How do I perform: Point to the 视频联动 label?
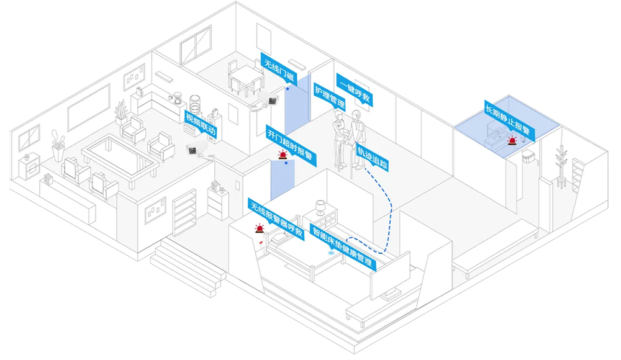point(200,124)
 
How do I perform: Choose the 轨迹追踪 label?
point(373,158)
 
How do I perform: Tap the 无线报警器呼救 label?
point(276,219)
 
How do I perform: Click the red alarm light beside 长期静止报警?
point(512,141)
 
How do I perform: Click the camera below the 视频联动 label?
point(194,148)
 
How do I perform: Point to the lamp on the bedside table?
point(320,207)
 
